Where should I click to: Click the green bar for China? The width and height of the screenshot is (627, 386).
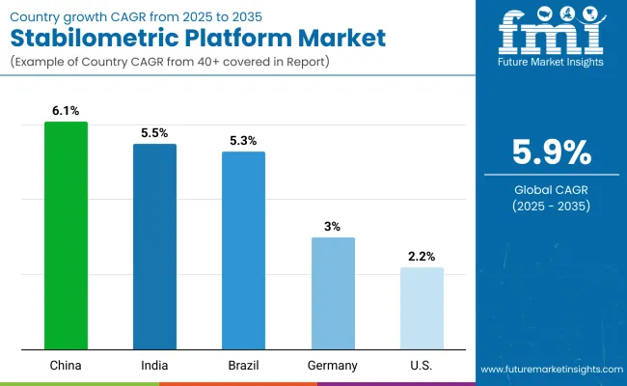pos(66,235)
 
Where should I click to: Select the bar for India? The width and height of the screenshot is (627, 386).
pos(154,246)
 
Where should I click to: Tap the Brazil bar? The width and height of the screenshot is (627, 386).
pos(243,250)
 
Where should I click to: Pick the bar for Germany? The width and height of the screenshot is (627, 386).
pos(333,293)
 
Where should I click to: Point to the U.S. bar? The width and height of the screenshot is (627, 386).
pos(422,308)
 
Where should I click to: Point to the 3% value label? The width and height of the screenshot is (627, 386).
pos(333,227)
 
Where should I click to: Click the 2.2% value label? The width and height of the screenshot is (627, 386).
pos(422,257)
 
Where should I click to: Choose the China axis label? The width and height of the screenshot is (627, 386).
pos(66,366)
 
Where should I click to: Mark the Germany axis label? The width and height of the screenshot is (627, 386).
pos(333,366)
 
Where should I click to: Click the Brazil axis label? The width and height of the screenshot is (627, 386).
pos(243,366)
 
